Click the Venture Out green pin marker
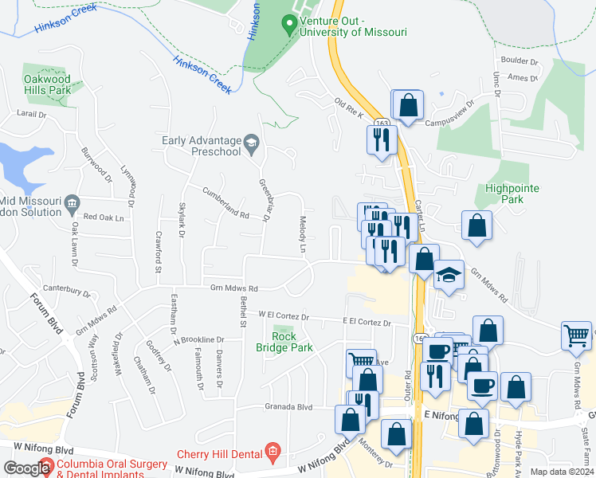coord(289,25)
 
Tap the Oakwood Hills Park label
coord(48,84)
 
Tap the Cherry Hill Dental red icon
coord(272,452)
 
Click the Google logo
coord(27,468)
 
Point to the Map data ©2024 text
coord(563,472)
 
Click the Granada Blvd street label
coord(288,407)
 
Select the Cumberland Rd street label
coord(225,203)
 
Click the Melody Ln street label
coord(304,234)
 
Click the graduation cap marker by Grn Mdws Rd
coord(449,275)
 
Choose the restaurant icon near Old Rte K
coord(381,139)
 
